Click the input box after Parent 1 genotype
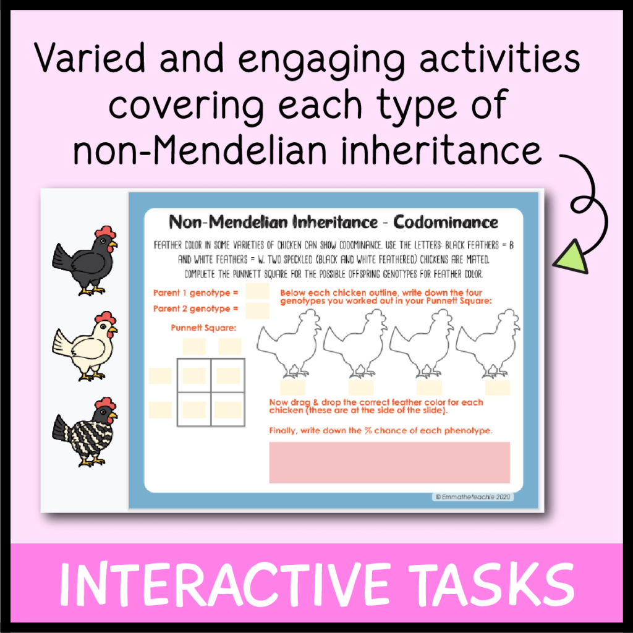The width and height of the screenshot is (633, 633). click(x=257, y=291)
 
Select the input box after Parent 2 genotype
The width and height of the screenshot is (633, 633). click(x=257, y=309)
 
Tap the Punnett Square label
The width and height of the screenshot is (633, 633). click(x=204, y=328)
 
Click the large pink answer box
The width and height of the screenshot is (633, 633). click(x=389, y=462)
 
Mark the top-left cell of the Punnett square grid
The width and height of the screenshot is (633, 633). click(x=194, y=375)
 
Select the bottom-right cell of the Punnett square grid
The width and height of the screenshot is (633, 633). click(x=228, y=409)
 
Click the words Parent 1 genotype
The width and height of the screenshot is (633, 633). click(x=195, y=292)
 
